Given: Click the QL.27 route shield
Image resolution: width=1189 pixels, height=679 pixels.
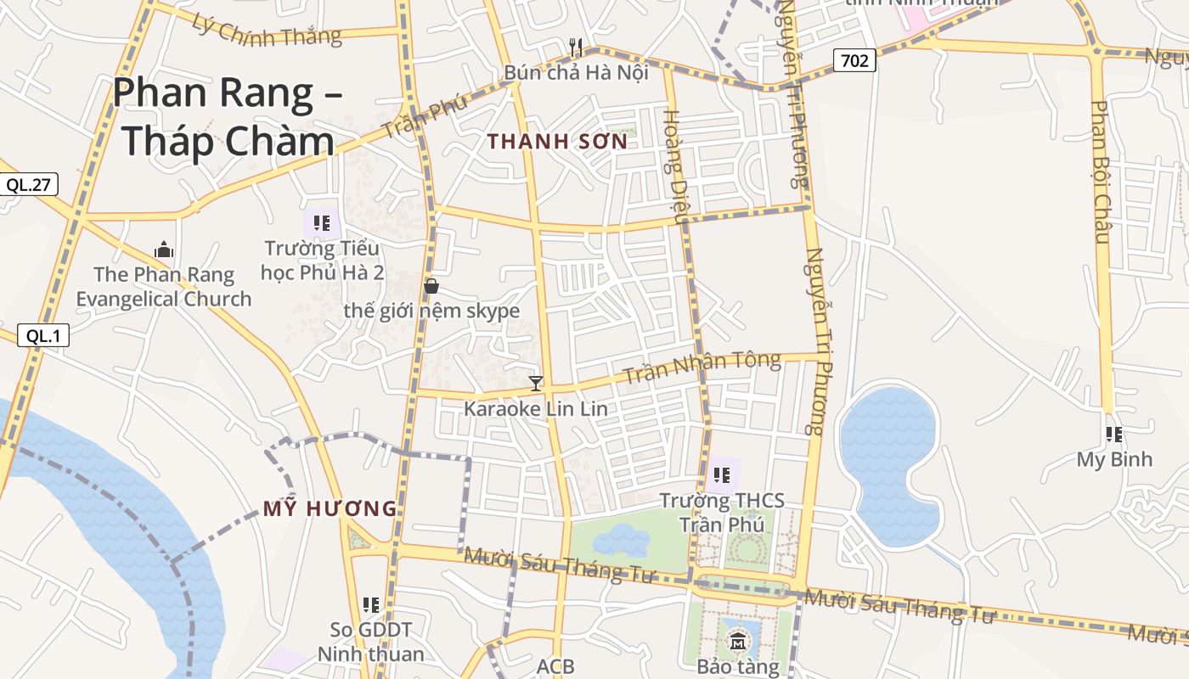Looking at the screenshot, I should [x=28, y=184].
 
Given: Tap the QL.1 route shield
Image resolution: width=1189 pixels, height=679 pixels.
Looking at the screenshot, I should [x=42, y=335].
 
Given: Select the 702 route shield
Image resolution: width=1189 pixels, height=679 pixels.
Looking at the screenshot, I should [x=854, y=60].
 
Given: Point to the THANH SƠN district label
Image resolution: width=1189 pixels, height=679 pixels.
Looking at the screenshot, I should [x=558, y=142].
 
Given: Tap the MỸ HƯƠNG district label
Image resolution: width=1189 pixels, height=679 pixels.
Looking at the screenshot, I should [x=330, y=509].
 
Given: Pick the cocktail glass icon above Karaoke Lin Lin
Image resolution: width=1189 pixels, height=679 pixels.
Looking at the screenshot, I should [x=535, y=383].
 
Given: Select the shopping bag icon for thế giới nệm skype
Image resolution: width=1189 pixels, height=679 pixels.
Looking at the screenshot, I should [x=431, y=285].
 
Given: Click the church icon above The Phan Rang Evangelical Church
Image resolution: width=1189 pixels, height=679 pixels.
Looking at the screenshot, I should [x=164, y=250].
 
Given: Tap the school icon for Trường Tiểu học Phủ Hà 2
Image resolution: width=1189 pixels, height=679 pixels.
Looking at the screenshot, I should [x=322, y=223].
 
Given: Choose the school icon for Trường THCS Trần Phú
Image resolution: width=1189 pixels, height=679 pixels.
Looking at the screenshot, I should [x=722, y=474].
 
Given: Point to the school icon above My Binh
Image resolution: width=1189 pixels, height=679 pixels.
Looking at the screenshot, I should [x=1114, y=435].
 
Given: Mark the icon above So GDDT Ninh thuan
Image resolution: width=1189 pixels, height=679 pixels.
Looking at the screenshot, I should [x=371, y=604].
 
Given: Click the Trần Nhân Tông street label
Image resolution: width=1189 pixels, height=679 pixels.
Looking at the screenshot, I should [x=702, y=367].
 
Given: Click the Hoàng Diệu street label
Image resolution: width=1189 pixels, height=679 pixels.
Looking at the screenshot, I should [x=674, y=166].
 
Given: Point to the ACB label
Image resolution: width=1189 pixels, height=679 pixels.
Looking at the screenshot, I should [x=555, y=666].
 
